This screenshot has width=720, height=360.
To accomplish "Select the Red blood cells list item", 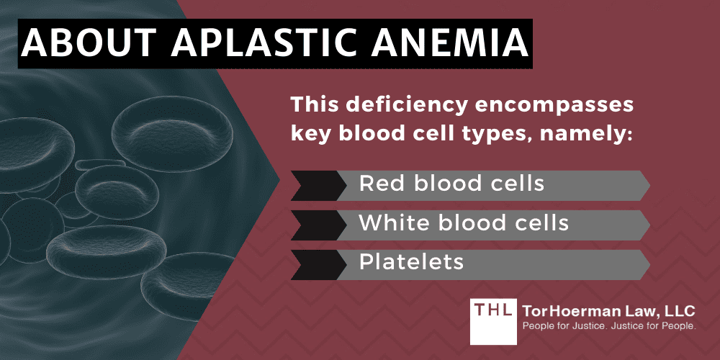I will coord(451,184).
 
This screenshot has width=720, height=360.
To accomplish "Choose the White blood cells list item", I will coord(464,224).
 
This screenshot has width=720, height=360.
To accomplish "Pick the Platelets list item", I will coord(411,262).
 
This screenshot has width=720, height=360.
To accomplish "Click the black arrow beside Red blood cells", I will coord(314,185).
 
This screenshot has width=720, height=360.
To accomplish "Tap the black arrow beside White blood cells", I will coord(314,224).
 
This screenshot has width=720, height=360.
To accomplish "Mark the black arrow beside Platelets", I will coord(314,263).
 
